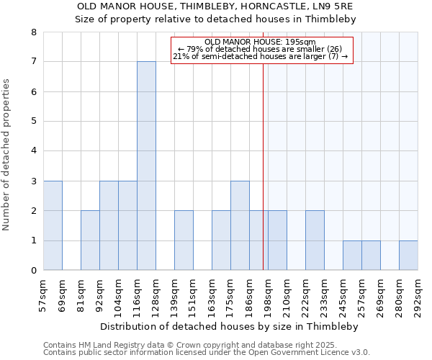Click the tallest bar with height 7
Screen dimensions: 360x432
point(146,166)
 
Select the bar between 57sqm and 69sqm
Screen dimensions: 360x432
point(53,225)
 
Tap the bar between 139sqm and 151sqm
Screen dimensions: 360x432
point(184,240)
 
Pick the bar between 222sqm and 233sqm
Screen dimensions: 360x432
point(315,240)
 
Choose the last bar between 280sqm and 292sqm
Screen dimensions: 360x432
point(408,256)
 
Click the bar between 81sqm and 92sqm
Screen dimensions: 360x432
point(90,240)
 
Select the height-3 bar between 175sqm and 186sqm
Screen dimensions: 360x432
point(240,225)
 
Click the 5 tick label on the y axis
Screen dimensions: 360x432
point(34,122)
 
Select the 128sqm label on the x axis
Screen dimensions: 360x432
point(156,294)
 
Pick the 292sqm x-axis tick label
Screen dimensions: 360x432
point(418,294)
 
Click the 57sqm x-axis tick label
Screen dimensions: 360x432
point(44,294)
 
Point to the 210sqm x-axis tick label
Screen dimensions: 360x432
point(287,294)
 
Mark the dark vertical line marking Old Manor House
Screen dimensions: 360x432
point(263,180)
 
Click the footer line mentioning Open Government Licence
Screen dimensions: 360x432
point(207,353)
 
